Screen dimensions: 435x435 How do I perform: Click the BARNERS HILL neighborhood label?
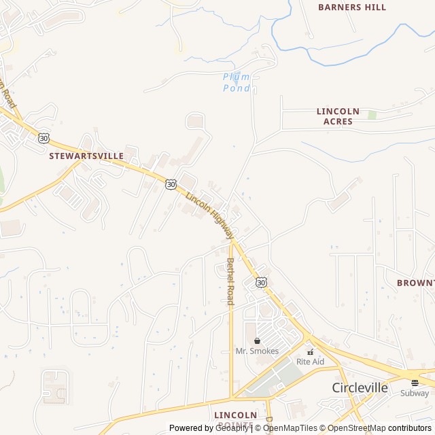tap(352, 7)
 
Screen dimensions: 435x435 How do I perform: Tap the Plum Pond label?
tap(237, 82)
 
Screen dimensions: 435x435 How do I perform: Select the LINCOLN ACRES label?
tap(338, 116)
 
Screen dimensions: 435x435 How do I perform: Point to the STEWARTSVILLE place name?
tap(86, 156)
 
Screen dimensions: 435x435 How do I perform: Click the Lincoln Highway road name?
tap(209, 215)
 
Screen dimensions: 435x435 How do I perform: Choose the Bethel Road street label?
tap(230, 281)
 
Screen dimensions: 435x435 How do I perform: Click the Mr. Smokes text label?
tap(257, 351)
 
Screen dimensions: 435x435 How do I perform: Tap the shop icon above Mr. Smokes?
tap(257, 341)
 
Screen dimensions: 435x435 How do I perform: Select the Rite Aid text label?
tap(310, 362)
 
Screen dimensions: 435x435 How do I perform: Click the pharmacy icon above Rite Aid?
tap(310, 351)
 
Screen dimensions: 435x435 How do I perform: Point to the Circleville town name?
tap(360, 387)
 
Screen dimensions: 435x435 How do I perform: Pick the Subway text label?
tap(414, 393)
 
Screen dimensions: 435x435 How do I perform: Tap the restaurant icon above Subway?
tap(414, 383)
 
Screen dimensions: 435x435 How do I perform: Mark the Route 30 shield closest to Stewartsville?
tap(44, 138)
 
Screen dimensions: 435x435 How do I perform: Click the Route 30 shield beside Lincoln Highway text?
tap(171, 184)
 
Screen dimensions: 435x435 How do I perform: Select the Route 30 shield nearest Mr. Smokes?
tap(262, 281)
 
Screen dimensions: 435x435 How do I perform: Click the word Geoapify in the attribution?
tap(232, 428)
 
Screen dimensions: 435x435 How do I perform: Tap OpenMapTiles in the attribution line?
tap(290, 428)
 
